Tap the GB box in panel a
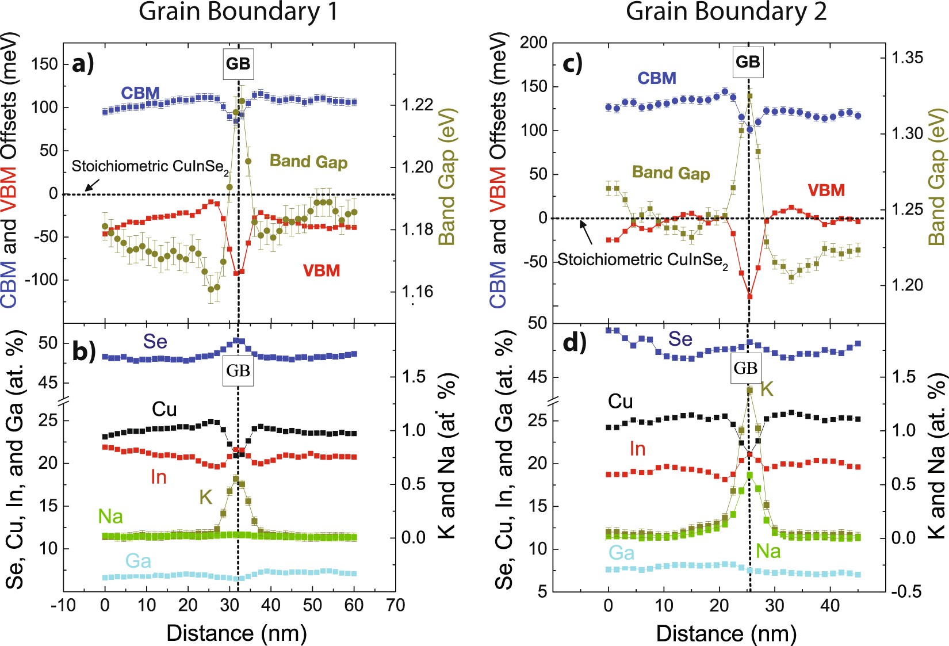coord(238,64)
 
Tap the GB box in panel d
coord(745,368)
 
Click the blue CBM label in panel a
coord(140,93)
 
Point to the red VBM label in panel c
coord(826,190)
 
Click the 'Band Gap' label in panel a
coord(308,162)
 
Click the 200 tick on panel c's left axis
coord(533,43)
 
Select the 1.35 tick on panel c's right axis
coord(907,58)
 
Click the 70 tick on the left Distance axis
coord(395,605)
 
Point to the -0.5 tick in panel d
coord(906,591)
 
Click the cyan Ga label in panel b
coord(138,561)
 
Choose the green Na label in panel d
coord(768,552)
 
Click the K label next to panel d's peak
coord(767,389)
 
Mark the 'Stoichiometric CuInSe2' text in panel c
coord(642,260)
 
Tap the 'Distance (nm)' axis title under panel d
coord(726,633)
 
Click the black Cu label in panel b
coord(164,410)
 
